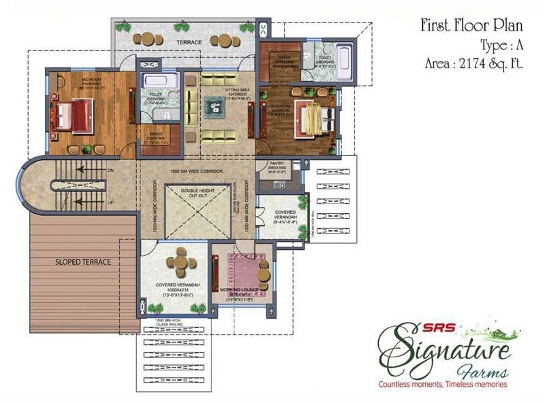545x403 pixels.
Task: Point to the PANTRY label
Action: click(277, 164)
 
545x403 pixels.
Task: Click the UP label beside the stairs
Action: click(110, 202)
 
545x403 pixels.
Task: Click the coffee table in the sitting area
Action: click(225, 107)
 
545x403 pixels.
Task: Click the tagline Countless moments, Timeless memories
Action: click(443, 385)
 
